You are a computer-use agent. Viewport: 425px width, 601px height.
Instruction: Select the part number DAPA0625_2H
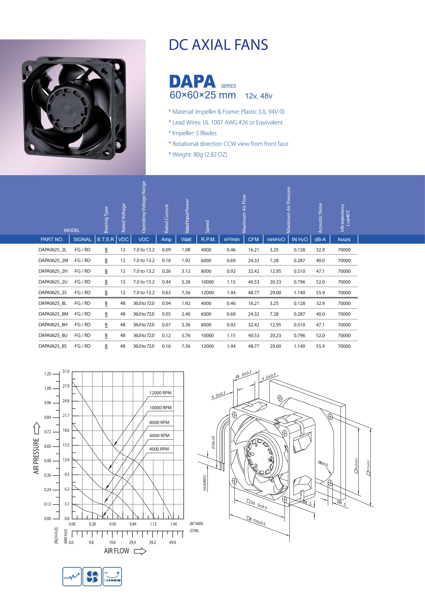pyautogui.click(x=53, y=271)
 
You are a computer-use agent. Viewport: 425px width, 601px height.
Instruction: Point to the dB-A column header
pyautogui.click(x=320, y=239)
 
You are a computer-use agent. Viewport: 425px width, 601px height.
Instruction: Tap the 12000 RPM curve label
pyautogui.click(x=160, y=393)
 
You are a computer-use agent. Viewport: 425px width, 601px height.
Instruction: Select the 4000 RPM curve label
pyautogui.click(x=159, y=449)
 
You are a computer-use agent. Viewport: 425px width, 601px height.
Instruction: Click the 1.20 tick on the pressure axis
pyautogui.click(x=48, y=374)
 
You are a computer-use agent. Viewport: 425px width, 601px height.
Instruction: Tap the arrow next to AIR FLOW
pyautogui.click(x=140, y=551)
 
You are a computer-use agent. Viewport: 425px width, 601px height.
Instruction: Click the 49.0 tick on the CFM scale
pyautogui.click(x=173, y=542)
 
